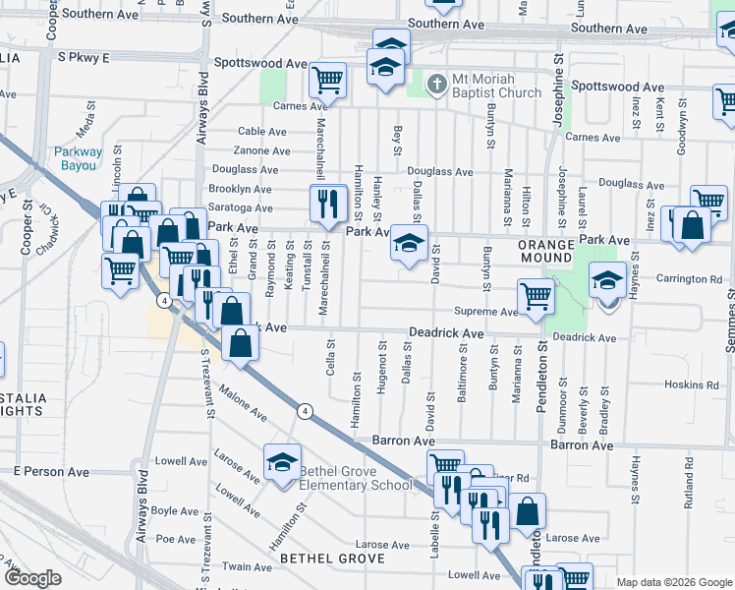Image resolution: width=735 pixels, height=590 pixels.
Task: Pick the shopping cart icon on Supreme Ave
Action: pos(537,295)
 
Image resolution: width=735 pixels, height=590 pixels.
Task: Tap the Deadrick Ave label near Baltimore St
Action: pos(446,334)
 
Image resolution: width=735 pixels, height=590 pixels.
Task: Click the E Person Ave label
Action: pos(51,472)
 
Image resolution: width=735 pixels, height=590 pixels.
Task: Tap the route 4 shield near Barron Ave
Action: pos(307,411)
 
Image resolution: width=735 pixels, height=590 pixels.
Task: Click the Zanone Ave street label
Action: pos(261,150)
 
